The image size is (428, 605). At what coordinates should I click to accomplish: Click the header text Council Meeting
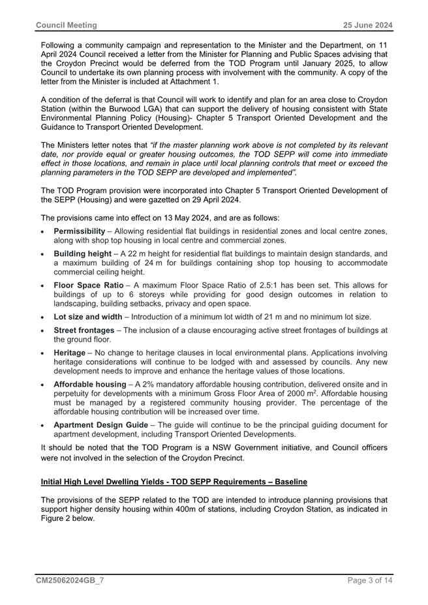66,25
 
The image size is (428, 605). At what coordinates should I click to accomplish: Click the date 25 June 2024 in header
369,25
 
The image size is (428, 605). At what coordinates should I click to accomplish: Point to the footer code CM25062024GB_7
69,578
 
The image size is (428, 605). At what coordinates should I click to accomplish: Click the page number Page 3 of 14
369,578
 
